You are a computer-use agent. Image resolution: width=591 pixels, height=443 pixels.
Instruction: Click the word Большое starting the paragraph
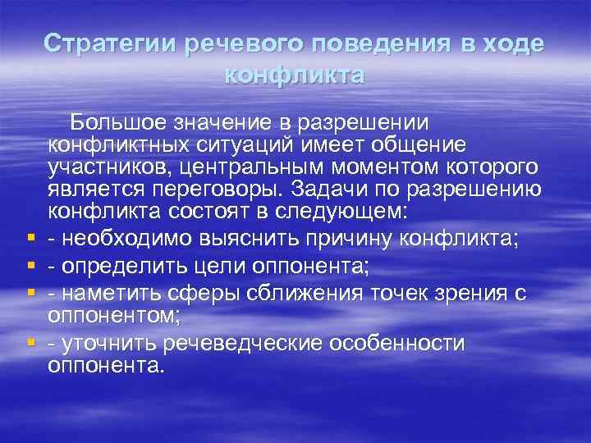pyautogui.click(x=117, y=122)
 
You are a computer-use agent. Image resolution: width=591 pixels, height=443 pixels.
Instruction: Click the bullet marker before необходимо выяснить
pyautogui.click(x=29, y=239)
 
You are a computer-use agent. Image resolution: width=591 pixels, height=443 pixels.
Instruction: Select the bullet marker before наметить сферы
pyautogui.click(x=29, y=292)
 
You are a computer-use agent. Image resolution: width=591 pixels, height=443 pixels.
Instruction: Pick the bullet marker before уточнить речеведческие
pyautogui.click(x=29, y=344)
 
